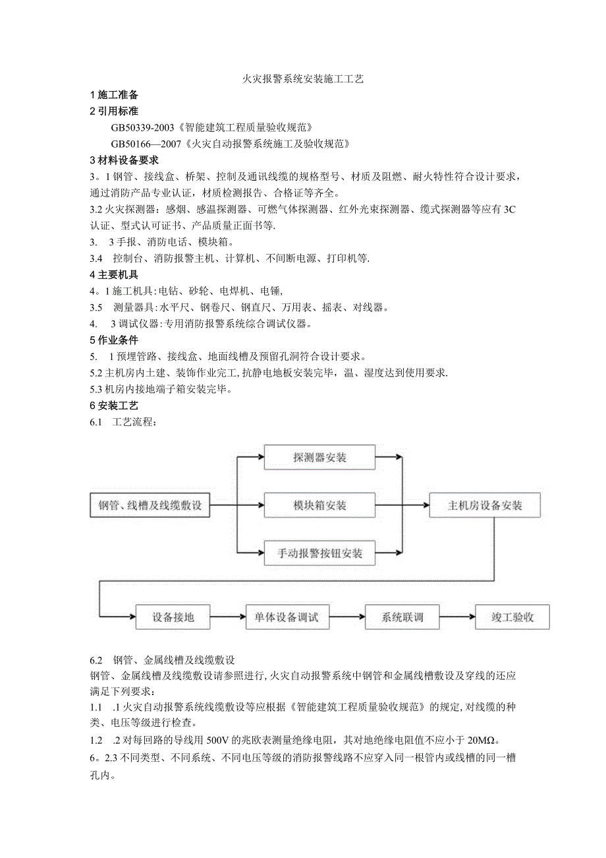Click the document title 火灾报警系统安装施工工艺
303,78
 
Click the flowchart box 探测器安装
319,457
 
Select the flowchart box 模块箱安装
319,506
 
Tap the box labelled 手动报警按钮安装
319,553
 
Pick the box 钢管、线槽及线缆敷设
150,506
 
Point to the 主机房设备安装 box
485,506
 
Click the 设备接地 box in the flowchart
173,617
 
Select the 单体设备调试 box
287,617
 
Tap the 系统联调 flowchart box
402,617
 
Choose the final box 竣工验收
512,617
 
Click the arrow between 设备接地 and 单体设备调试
228,617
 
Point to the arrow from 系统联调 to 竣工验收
457,617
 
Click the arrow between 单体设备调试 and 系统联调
346,617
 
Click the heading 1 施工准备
114,95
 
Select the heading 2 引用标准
114,111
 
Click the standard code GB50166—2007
148,144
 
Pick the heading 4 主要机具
114,274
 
